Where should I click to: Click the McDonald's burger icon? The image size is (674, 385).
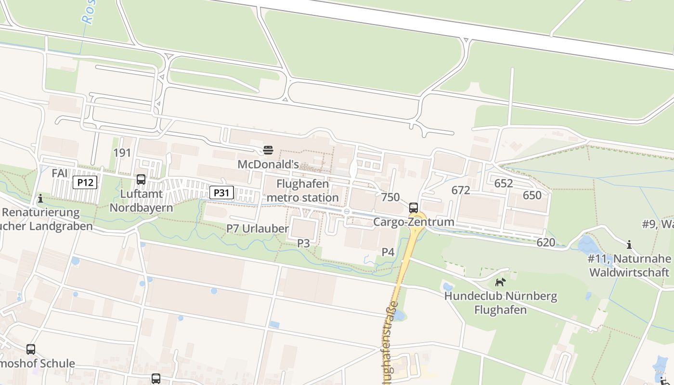[268, 150]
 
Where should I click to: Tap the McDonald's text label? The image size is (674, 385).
[268, 165]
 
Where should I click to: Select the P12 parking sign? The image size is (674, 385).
[85, 182]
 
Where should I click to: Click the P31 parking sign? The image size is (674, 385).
[221, 193]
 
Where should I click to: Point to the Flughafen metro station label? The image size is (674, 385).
[302, 191]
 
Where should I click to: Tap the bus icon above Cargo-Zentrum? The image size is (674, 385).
[414, 208]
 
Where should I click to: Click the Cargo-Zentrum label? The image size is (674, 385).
[414, 222]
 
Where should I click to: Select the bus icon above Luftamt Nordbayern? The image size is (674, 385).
[141, 180]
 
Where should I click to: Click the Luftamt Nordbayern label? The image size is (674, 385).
[141, 201]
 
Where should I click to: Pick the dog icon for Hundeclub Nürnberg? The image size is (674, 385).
[501, 282]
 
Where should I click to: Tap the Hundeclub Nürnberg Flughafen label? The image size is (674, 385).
[501, 303]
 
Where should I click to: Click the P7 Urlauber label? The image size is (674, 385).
[258, 229]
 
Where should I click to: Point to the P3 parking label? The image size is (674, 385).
[303, 244]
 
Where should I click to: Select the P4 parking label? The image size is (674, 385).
[388, 252]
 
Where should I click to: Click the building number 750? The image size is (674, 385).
[390, 197]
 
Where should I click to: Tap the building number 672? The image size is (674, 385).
[460, 190]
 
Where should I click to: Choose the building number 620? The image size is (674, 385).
[545, 242]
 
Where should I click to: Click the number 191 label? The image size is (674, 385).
[122, 153]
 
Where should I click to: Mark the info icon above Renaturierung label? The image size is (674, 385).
[40, 198]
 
